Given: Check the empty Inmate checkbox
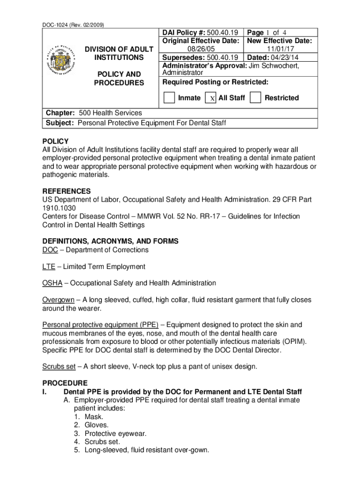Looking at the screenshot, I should [169, 98].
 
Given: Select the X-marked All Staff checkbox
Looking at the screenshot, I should [211, 98].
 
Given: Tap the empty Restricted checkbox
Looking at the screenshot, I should [255, 98].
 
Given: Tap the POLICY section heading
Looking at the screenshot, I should [56, 141].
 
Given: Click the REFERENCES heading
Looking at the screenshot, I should [67, 191].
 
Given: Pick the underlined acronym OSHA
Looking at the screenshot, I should [52, 283].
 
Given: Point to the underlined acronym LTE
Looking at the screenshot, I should [49, 267].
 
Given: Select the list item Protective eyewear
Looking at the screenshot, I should [115, 434].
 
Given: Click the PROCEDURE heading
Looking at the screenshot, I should [65, 383].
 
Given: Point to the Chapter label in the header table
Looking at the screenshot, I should [60, 113].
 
